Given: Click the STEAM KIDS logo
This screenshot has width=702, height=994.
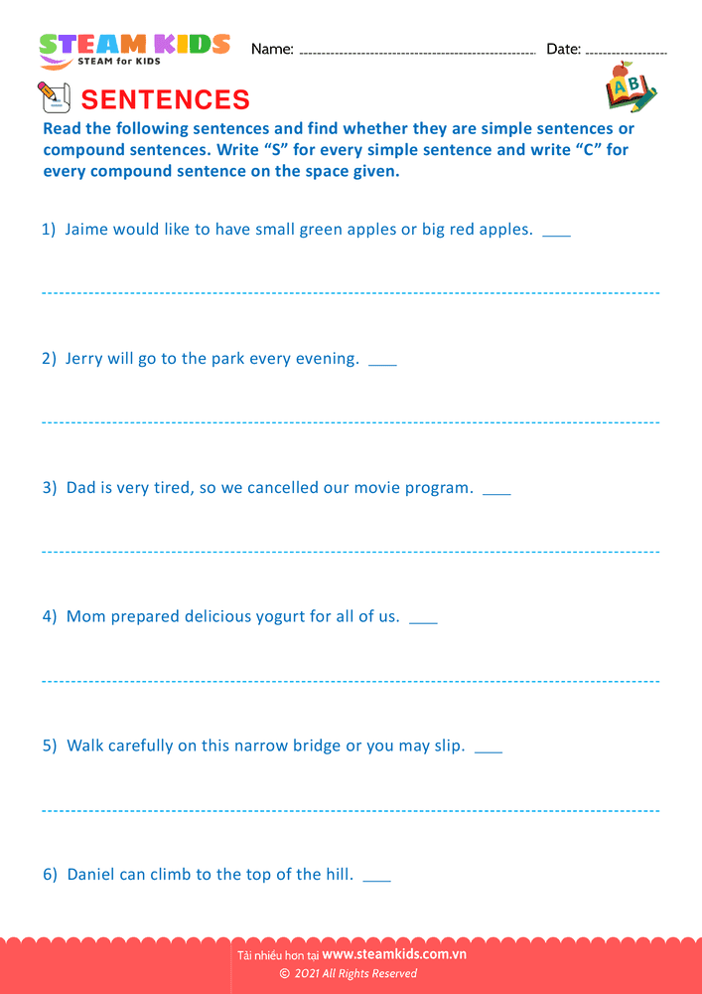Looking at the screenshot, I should [134, 50].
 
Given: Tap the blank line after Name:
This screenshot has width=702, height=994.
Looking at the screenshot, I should [417, 51].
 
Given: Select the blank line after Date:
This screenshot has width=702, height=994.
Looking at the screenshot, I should [627, 51].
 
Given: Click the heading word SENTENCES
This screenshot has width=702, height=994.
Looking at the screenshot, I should [165, 99].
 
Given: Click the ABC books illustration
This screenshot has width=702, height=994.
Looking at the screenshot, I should [630, 88].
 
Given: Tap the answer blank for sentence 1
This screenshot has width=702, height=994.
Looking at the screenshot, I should [557, 233].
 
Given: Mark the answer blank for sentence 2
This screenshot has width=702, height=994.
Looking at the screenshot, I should [382, 362].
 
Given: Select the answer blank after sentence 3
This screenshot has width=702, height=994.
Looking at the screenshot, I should [496, 491].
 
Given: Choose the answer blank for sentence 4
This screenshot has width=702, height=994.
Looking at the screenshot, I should [423, 620].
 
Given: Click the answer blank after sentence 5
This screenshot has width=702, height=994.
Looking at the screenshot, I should [489, 749].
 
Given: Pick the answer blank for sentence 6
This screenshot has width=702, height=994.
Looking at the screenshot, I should [377, 879].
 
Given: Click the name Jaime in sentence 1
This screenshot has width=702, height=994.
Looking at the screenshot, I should [86, 230].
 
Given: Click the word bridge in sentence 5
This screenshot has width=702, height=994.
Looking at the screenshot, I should [317, 746].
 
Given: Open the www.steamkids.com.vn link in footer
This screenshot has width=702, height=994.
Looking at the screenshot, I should [394, 954].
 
